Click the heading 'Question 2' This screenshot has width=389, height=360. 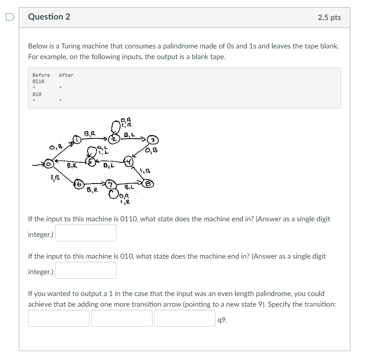pos(49,17)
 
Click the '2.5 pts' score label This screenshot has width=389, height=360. pos(329,17)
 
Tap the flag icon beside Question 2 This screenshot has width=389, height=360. pos(10,17)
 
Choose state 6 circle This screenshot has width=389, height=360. pos(78,184)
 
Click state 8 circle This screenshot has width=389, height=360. pos(148,183)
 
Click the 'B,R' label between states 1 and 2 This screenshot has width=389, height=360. pos(89,132)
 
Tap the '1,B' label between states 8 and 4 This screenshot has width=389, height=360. pos(145,171)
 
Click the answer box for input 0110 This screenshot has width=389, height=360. pos(86,233)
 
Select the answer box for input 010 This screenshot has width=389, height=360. pos(86,270)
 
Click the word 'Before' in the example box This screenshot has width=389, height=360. pos(41,75)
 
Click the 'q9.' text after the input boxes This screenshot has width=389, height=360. pos(223,319)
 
